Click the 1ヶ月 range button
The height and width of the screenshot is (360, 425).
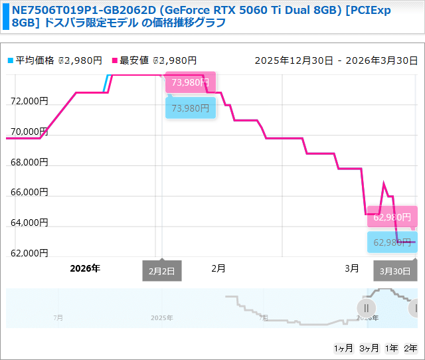coord(343,349)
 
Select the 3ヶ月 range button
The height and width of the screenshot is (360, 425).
coord(368,349)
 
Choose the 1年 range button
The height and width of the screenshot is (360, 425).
coord(391,349)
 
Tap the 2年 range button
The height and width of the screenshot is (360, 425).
coord(411,349)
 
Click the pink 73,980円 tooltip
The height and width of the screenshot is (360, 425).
coord(190,83)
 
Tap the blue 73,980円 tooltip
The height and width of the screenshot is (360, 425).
coord(190,108)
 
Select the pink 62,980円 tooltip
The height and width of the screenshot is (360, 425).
coord(392,217)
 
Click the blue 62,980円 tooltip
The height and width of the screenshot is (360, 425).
coord(392,242)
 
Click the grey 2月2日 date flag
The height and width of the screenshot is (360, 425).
coord(161,271)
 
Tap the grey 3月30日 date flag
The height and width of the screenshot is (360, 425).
coord(396,271)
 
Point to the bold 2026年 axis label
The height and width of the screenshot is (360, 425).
coord(85,268)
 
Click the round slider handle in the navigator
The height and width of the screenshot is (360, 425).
coord(366,308)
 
